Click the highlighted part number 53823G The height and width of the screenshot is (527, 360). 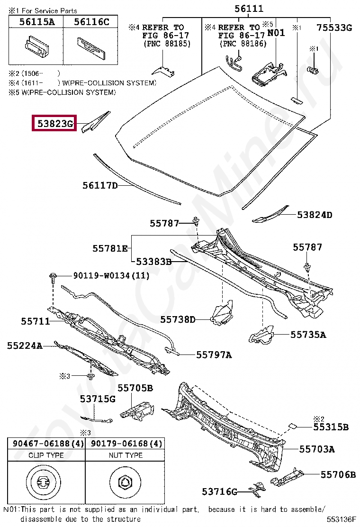click(x=54, y=125)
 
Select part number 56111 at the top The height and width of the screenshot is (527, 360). click(x=249, y=9)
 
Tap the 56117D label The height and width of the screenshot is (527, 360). click(x=100, y=186)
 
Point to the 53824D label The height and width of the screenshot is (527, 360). click(x=315, y=215)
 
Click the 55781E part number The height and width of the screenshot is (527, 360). click(x=110, y=248)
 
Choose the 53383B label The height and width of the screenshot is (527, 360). click(x=153, y=261)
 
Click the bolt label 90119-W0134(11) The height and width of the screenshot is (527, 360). click(x=111, y=275)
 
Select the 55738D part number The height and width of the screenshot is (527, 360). click(x=178, y=319)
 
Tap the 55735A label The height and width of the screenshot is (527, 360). click(x=308, y=335)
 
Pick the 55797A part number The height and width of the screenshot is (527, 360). click(x=214, y=354)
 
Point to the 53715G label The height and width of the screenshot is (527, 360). click(x=98, y=399)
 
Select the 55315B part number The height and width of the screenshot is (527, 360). click(x=331, y=427)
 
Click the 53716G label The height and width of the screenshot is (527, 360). click(x=219, y=492)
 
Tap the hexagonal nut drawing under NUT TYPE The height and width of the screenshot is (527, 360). click(x=125, y=483)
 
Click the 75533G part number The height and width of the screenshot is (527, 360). click(x=334, y=27)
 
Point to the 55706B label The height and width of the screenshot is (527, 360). click(x=338, y=474)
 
